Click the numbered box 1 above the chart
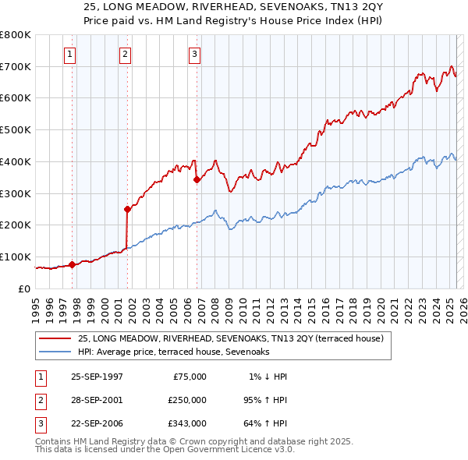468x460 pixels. [70, 54]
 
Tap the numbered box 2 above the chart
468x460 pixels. [125, 54]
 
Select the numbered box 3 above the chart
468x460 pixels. [194, 54]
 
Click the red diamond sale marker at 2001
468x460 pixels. [127, 209]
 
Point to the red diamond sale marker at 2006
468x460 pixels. [197, 179]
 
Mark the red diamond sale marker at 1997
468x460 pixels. [72, 264]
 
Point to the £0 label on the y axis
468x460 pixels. [24, 288]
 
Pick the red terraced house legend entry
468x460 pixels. [230, 339]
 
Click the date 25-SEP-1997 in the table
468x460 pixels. [97, 377]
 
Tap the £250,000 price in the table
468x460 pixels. [186, 400]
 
